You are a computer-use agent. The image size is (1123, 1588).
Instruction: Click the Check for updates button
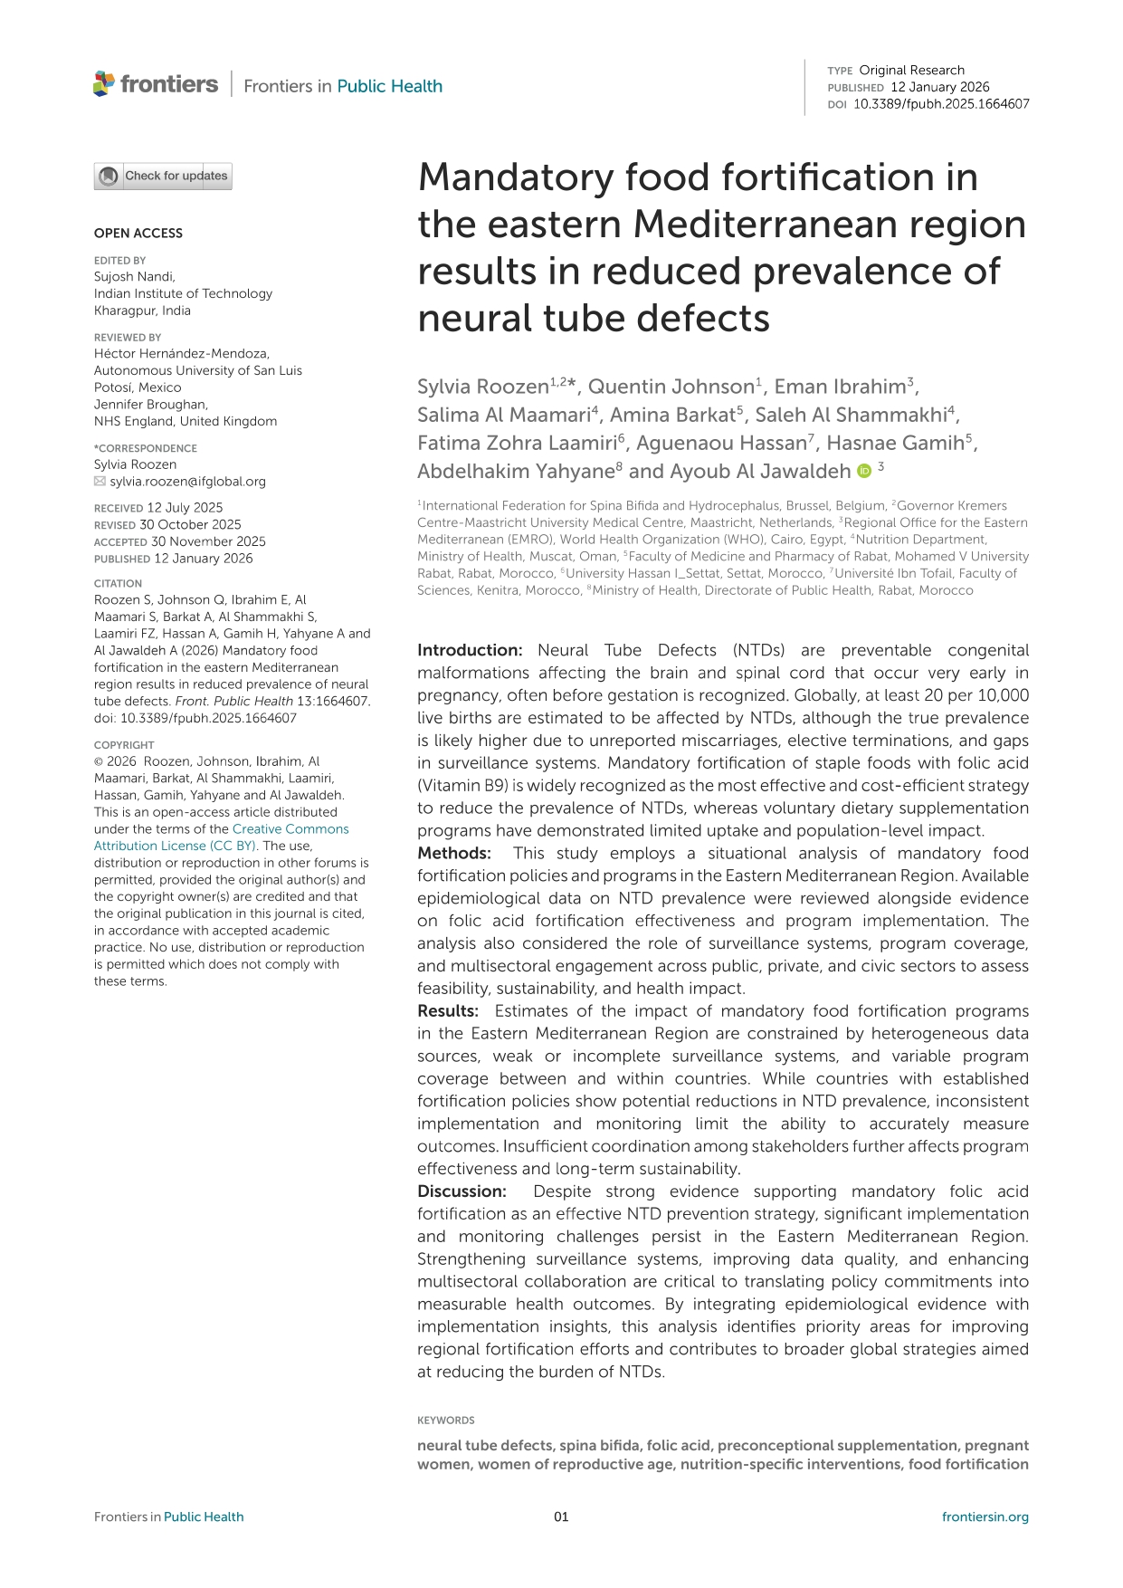[163, 176]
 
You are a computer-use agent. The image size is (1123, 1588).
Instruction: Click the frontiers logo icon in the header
[104, 84]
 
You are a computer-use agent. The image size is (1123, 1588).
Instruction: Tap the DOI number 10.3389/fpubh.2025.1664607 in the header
[941, 104]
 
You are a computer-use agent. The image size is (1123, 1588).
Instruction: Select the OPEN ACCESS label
[138, 234]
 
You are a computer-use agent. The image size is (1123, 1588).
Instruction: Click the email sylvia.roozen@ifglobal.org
[187, 482]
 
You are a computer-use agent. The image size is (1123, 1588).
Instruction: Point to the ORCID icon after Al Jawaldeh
[864, 471]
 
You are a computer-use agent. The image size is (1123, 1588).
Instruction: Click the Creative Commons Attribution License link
[221, 837]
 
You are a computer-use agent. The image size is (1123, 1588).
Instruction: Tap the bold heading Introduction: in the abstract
[470, 650]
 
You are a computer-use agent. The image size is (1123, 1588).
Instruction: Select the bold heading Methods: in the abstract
[454, 853]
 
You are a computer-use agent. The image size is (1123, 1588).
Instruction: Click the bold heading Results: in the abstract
[448, 1010]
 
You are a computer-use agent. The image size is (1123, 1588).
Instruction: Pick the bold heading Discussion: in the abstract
[462, 1191]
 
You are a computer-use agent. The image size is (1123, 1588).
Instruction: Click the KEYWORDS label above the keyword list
[445, 1421]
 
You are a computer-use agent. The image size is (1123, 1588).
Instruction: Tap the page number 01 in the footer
[561, 1517]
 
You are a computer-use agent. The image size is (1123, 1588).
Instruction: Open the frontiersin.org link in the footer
[985, 1517]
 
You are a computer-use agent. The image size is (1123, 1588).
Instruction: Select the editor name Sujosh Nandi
[134, 277]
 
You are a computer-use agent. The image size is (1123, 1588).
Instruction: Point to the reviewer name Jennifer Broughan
[151, 405]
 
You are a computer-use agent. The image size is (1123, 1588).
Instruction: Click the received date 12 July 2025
[185, 508]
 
